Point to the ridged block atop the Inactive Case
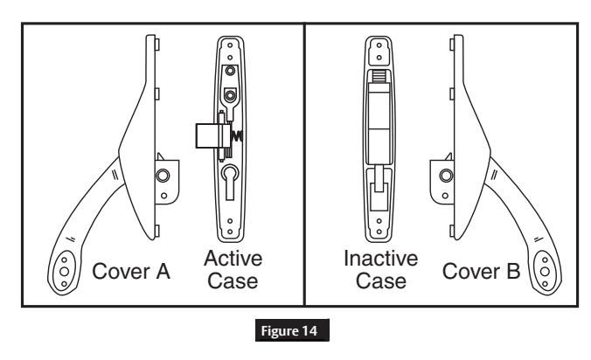[x=379, y=78]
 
